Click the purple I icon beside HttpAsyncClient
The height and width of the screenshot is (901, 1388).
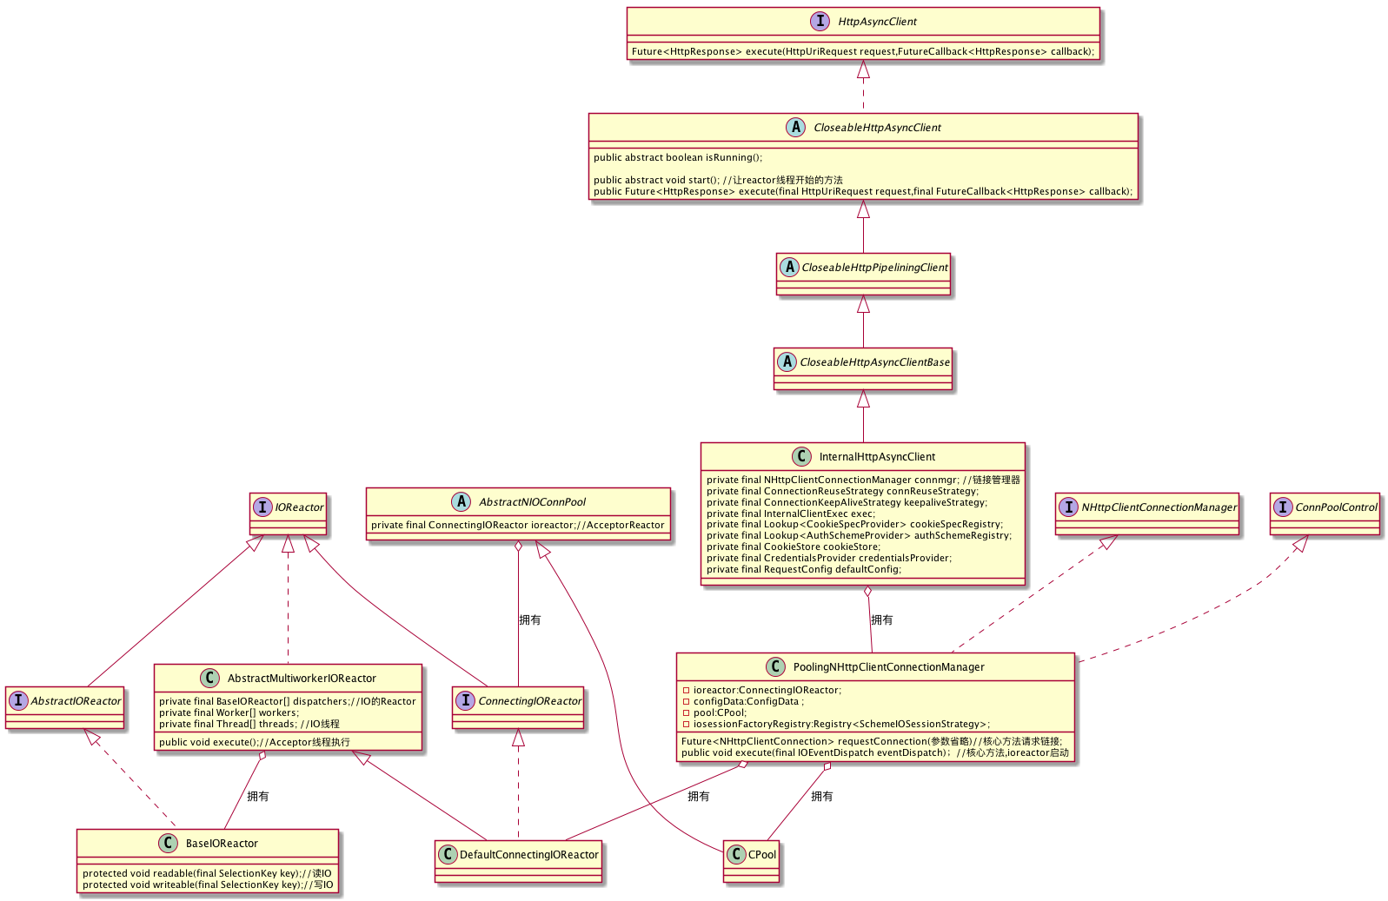click(820, 21)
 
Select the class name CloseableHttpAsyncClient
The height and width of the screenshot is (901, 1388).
click(877, 128)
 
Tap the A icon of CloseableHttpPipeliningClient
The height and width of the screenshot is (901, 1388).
click(789, 268)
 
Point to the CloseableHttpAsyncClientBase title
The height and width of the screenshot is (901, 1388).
click(874, 362)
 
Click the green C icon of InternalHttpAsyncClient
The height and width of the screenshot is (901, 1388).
click(801, 457)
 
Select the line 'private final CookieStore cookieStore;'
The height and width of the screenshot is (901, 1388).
click(794, 547)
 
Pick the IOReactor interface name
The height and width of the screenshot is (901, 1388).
click(299, 507)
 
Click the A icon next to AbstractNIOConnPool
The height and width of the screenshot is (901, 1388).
click(461, 501)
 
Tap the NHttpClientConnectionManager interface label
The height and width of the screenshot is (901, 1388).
click(1159, 507)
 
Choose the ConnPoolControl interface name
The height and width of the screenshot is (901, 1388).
click(1336, 507)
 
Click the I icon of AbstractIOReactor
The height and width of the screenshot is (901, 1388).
click(18, 701)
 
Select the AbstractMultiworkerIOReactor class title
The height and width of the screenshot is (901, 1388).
click(302, 679)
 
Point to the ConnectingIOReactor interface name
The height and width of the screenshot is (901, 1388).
click(530, 701)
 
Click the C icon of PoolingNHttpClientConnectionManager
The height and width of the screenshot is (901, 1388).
click(775, 667)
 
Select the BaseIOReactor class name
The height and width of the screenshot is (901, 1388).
click(222, 844)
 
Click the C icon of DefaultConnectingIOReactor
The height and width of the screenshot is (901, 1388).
click(448, 855)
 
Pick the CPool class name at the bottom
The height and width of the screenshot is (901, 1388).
click(761, 855)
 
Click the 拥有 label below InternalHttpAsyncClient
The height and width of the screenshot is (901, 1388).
click(882, 619)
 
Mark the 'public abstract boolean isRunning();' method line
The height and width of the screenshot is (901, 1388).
click(678, 157)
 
